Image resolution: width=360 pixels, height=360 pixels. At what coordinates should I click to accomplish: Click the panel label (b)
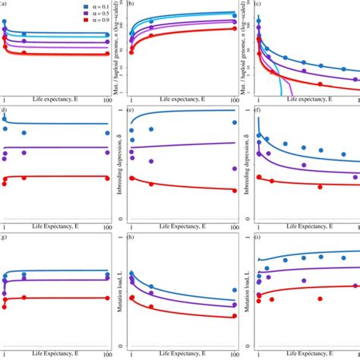point(131,4)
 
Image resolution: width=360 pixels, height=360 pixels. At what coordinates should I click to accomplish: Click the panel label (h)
point(131,238)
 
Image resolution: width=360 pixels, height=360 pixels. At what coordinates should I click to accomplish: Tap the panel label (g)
point(4,238)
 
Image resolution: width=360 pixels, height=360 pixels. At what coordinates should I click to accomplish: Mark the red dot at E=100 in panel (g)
point(107,298)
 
